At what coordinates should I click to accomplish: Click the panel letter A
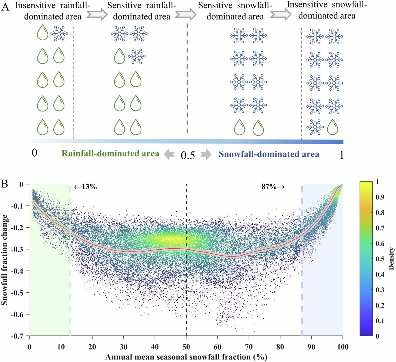pos(6,7)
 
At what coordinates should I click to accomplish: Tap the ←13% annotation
pos(85,187)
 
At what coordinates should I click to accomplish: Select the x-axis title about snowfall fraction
pos(186,357)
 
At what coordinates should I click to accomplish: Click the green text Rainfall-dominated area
pos(110,153)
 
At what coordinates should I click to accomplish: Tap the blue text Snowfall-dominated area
pos(269,154)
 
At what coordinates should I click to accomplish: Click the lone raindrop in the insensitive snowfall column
pos(333,127)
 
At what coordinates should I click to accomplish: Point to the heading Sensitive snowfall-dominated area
pos(235,11)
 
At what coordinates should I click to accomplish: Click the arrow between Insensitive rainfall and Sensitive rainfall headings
pos(97,14)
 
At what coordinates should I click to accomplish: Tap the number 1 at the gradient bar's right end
pos(341,155)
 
